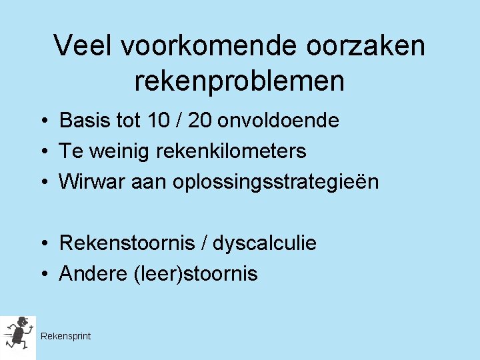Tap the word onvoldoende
click(279, 121)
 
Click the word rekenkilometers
click(231, 151)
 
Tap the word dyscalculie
click(265, 244)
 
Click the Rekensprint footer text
click(65, 336)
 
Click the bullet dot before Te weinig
click(41, 152)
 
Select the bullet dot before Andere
click(41, 275)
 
